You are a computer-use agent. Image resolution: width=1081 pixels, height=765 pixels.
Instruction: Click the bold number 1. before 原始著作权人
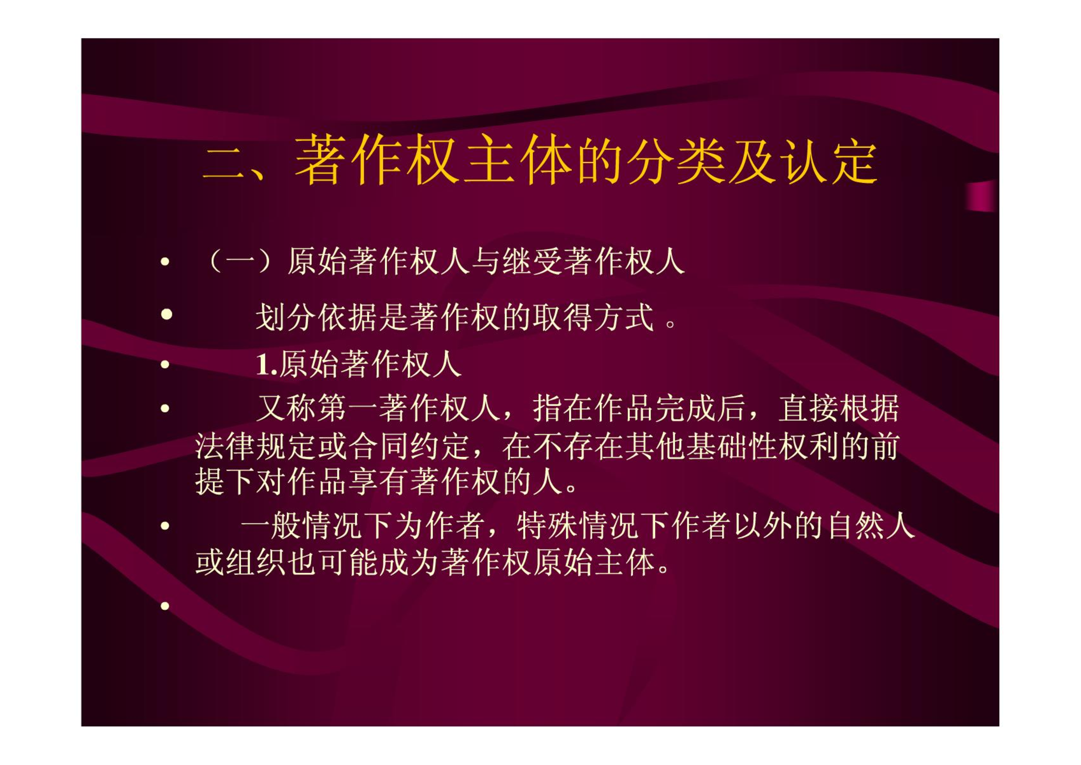coord(267,364)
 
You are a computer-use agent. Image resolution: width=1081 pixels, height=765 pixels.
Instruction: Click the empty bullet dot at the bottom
coord(165,606)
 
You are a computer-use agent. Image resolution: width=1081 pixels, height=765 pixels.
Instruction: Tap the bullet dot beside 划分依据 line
coord(167,314)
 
